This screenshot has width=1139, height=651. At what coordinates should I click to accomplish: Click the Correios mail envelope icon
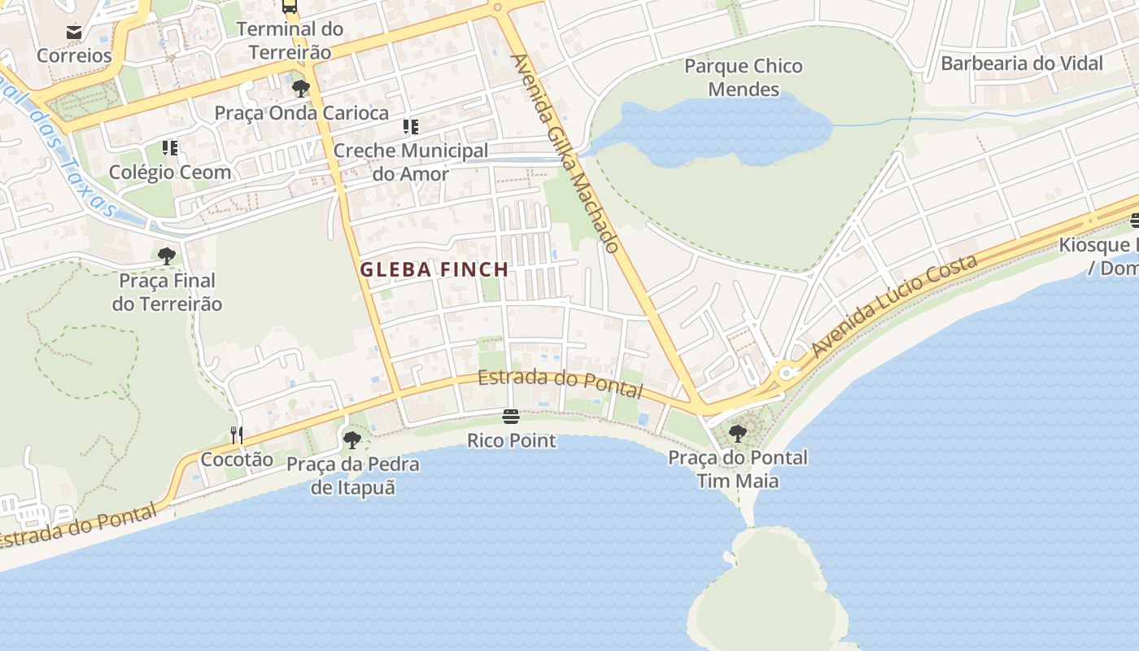pos(74,33)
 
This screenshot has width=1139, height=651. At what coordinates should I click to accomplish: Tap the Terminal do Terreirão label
pos(290,41)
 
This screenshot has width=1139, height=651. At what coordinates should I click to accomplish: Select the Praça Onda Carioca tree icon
pos(301,89)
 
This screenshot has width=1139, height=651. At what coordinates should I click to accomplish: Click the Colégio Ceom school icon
pos(170,148)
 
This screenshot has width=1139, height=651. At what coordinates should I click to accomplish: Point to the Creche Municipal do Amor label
pos(411,162)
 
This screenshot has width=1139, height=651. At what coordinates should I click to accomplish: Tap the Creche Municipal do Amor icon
pos(411,127)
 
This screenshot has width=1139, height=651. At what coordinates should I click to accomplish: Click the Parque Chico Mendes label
pos(744,77)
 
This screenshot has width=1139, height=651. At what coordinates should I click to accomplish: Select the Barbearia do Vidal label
pos(1022,63)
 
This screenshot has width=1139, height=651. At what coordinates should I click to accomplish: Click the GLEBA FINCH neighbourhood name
pos(434,269)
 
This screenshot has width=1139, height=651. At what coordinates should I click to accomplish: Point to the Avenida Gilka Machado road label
pos(566,153)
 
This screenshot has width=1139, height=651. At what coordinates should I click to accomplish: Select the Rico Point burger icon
pos(511,417)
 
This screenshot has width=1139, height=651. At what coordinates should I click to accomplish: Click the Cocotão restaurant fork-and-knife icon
pos(237,435)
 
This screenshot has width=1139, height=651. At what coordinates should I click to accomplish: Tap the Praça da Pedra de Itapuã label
pos(353,476)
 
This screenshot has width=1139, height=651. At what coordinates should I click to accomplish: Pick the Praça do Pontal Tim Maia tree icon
pos(738,434)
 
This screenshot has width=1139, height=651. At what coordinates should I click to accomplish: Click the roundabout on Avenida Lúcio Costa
pos(786,374)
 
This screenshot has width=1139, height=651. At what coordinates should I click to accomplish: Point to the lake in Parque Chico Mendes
pos(716,130)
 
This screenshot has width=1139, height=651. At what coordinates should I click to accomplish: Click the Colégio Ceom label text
pos(170,173)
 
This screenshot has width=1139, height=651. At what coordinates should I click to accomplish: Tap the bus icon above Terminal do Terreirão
pos(290,7)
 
